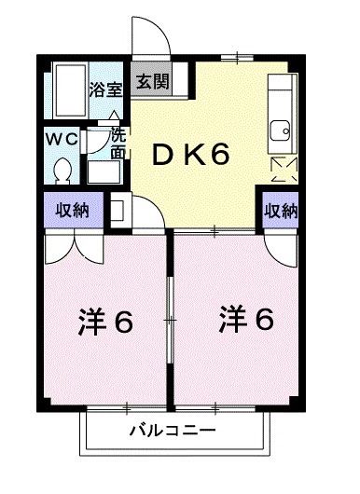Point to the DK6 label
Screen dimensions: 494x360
pos(192,155)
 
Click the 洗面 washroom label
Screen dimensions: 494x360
pos(118,141)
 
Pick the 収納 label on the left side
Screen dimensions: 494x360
pos(71,210)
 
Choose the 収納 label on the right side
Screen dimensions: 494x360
pos(281,210)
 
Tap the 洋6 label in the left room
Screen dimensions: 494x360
pos(104,322)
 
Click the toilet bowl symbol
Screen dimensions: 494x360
pos(63,171)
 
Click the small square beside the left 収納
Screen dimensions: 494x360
pos(119,210)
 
